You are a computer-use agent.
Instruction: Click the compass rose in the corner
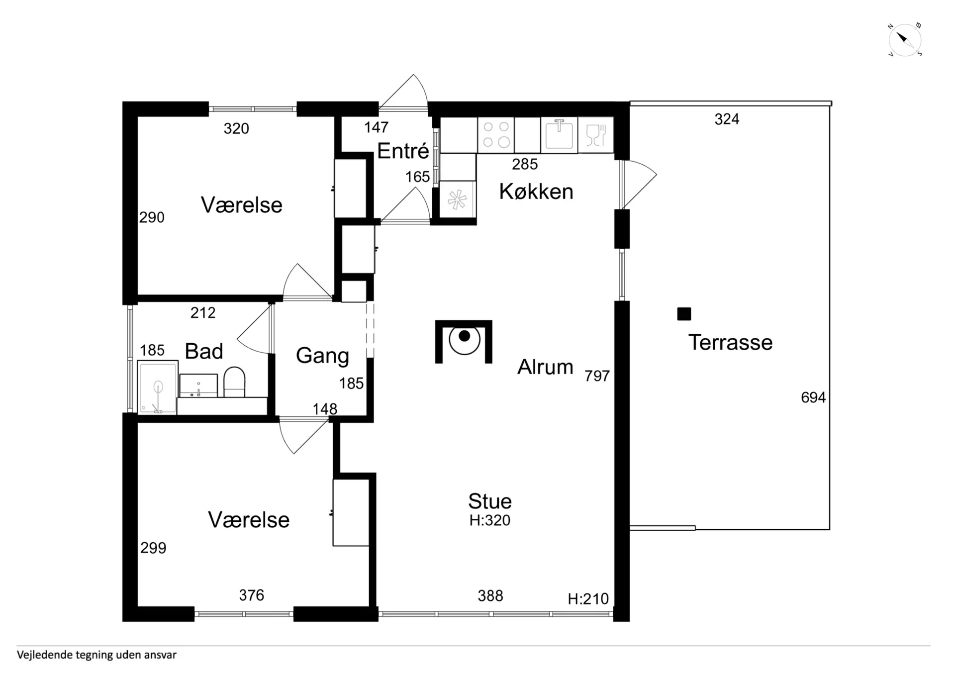[905, 40]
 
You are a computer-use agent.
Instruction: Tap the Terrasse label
[730, 343]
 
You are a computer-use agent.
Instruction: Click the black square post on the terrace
[684, 314]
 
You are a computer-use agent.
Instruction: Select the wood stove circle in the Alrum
[464, 339]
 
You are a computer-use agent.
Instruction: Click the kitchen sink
[559, 134]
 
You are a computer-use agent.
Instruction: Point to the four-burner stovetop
[496, 135]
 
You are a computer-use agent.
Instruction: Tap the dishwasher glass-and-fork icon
[596, 135]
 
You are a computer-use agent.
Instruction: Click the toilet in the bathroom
[234, 382]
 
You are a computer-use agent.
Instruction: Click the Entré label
[403, 151]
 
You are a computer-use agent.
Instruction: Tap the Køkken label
[536, 192]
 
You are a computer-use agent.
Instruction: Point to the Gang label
[322, 356]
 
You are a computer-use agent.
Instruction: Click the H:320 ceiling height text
[490, 520]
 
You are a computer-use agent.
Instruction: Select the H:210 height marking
[588, 598]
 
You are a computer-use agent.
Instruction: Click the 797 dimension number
[597, 376]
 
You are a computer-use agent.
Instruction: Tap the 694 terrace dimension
[813, 397]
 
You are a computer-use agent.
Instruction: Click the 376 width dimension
[251, 595]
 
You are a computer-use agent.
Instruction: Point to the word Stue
[490, 501]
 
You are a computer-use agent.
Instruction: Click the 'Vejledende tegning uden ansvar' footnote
[96, 655]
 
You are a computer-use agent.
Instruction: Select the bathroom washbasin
[198, 386]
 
